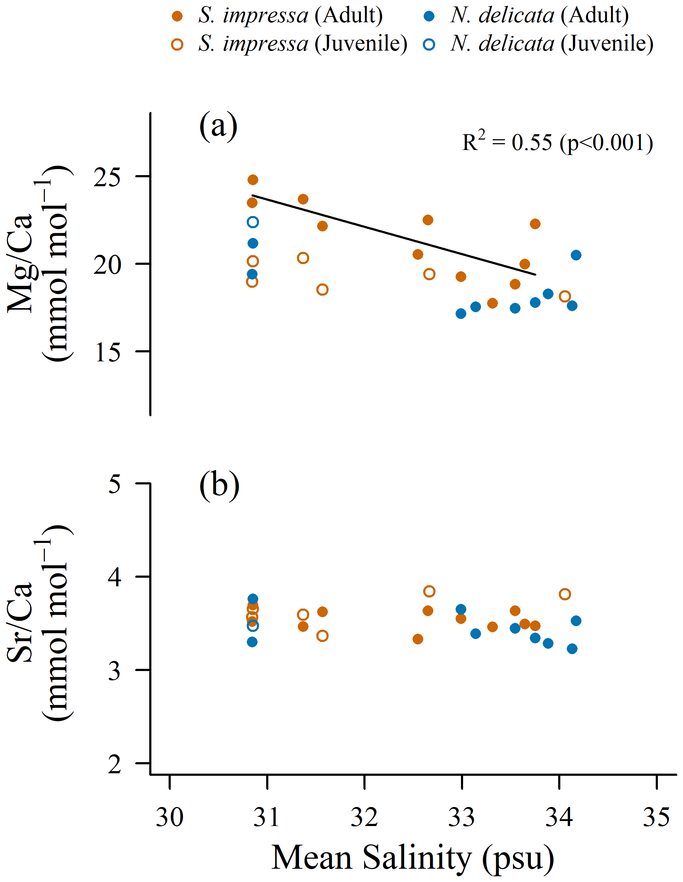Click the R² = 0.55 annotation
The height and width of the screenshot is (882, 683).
coord(557,142)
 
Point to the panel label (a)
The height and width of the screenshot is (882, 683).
coord(218,126)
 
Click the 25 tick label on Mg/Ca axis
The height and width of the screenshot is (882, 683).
coord(107,177)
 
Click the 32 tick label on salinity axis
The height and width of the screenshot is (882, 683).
coord(364,817)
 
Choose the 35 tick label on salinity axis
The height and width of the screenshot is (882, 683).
coord(656,817)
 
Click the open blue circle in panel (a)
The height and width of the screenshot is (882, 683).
coord(253,222)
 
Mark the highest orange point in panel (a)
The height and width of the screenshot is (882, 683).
coord(253,180)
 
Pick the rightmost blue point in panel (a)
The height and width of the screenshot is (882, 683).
coord(576,255)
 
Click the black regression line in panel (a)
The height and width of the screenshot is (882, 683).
coord(394,235)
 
